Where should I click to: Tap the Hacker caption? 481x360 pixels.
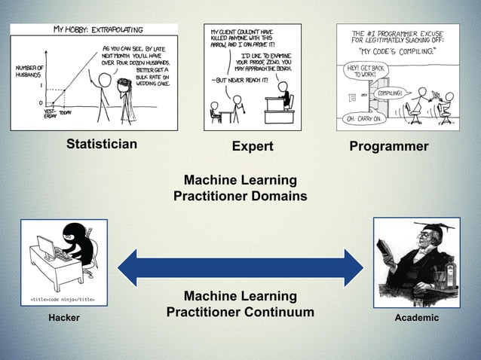pyautogui.click(x=64, y=319)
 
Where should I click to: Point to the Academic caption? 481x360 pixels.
pyautogui.click(x=417, y=319)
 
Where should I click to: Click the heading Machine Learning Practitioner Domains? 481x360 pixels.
pyautogui.click(x=240, y=188)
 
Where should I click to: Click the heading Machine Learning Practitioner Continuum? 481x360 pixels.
pyautogui.click(x=240, y=304)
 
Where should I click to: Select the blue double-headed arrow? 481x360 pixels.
pyautogui.click(x=240, y=267)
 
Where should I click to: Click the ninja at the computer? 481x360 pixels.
pyautogui.click(x=72, y=248)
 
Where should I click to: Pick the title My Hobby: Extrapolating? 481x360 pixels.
pyautogui.click(x=98, y=30)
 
